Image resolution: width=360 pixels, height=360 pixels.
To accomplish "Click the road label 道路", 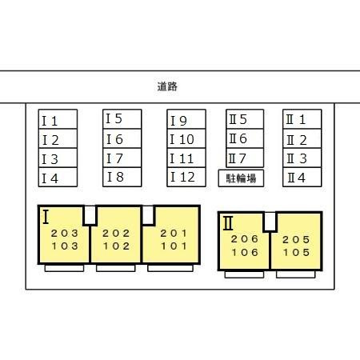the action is (167, 86).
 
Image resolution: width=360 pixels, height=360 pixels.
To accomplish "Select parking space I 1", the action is (58, 119).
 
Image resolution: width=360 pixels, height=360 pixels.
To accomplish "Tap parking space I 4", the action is (58, 177).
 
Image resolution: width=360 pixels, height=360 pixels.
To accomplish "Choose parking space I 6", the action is (122, 138).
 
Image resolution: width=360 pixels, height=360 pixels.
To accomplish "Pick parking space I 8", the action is (122, 177).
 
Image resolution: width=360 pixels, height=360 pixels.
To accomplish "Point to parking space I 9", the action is (186, 119).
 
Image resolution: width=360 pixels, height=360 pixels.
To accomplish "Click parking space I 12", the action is (186, 177).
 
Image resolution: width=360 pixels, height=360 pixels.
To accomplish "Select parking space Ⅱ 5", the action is (245, 119).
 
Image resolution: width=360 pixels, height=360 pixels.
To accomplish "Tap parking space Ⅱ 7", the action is (245, 158).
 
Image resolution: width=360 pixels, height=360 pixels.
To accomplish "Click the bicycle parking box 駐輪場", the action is (241, 178).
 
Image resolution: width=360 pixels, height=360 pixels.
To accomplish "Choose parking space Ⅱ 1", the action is (302, 119).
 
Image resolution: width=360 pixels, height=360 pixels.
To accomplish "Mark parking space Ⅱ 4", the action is (302, 177).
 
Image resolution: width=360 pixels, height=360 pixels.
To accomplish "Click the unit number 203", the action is (65, 234).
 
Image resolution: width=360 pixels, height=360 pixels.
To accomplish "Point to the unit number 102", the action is (116, 246).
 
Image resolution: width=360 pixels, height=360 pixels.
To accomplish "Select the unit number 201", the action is (174, 234).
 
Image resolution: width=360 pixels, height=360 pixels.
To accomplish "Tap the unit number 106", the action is (245, 252).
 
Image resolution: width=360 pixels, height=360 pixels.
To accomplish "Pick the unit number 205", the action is (296, 239).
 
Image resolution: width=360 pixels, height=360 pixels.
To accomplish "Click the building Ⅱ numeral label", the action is (228, 223).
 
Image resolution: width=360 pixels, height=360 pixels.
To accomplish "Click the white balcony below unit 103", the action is (64, 268).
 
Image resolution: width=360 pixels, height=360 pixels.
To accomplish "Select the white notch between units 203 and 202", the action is (90, 215).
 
